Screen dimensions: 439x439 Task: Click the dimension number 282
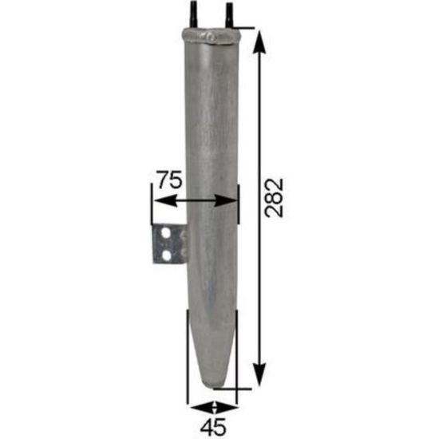[275, 198]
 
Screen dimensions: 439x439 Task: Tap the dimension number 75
[170, 180]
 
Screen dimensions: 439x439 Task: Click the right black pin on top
[230, 15]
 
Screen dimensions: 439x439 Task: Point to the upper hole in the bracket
[166, 233]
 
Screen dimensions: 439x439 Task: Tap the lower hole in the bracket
[166, 255]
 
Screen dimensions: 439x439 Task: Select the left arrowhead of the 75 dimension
[166, 200]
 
